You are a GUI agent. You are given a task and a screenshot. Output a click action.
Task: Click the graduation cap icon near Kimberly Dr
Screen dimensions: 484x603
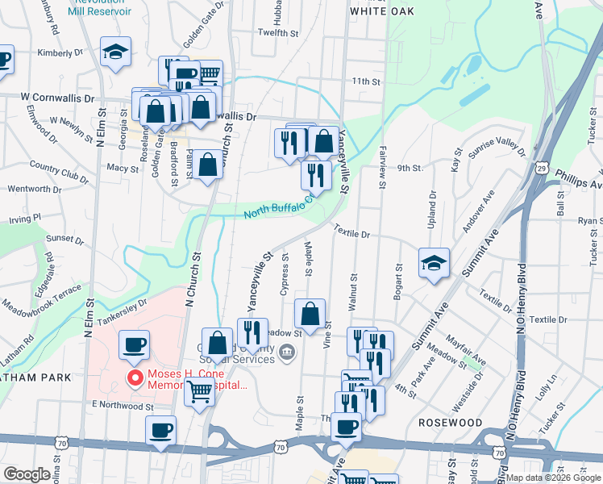tap(115, 52)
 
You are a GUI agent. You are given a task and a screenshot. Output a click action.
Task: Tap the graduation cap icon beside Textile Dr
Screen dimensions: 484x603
tap(434, 263)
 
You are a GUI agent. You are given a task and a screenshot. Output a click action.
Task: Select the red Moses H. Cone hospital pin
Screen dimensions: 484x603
tap(135, 377)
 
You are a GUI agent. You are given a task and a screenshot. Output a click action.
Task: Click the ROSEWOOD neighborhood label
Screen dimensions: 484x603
tap(451, 423)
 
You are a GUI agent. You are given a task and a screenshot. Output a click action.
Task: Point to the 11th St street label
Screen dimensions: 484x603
tap(365, 82)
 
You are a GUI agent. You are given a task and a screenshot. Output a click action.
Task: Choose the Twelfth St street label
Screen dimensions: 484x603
tap(278, 32)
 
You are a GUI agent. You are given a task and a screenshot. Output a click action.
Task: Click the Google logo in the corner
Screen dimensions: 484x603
tap(27, 474)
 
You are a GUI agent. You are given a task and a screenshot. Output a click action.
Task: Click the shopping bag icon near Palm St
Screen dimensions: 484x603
tap(207, 165)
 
